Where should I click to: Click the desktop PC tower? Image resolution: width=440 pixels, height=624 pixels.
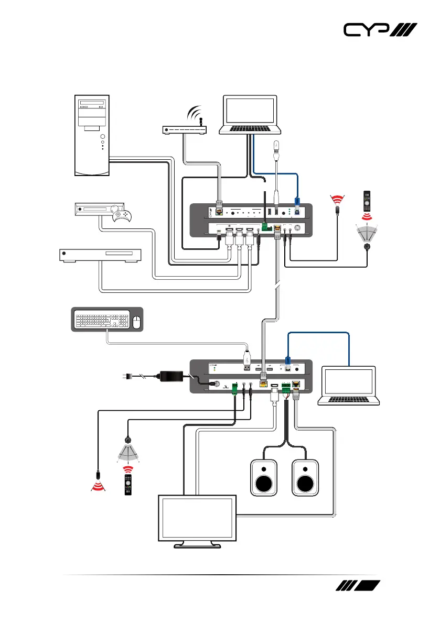click(x=92, y=135)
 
